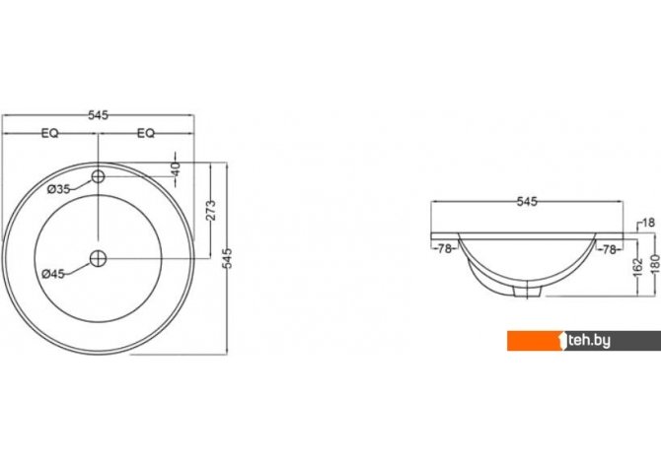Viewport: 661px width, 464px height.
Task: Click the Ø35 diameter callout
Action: tap(58, 189)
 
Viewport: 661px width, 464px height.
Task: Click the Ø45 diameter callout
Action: tap(53, 274)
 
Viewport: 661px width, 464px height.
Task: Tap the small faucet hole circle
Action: tap(99, 176)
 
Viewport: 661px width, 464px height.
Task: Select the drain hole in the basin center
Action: tap(99, 258)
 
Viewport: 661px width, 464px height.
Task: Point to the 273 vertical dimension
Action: tap(211, 211)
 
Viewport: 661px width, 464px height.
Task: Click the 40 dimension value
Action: tap(176, 169)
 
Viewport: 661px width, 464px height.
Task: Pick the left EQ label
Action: tap(49, 133)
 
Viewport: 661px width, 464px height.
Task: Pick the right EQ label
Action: tap(146, 133)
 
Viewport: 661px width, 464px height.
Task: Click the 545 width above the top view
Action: tap(98, 115)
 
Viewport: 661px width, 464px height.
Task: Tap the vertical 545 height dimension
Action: tap(227, 258)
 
